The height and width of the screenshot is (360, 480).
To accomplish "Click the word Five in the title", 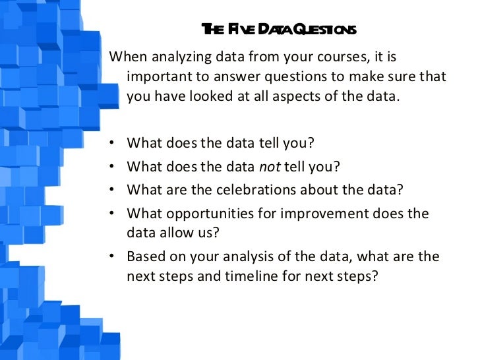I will [242, 30].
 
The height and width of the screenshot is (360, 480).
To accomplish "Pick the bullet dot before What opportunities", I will [115, 214].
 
